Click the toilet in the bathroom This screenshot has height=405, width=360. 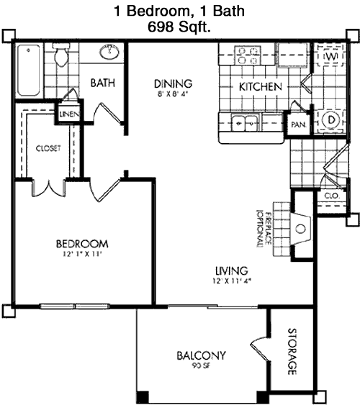coord(61,55)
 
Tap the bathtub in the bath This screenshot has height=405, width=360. coord(29,70)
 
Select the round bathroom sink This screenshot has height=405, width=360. coord(109,52)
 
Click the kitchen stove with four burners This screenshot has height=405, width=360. coord(248,55)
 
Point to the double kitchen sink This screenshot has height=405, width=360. coord(245,123)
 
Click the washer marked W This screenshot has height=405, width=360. coord(331,56)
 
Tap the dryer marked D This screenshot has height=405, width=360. coord(331,119)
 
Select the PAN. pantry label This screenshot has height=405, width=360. coord(299,124)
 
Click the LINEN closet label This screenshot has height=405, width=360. coord(69,114)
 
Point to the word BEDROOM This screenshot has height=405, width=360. coord(82,244)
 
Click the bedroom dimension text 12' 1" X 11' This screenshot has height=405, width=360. coord(82,255)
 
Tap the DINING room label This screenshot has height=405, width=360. coord(173,83)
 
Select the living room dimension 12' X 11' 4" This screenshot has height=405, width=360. coord(232,281)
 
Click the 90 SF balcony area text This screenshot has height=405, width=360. coord(201,365)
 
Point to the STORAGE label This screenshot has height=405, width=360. coord(292,352)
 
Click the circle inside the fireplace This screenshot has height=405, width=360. coord(300,229)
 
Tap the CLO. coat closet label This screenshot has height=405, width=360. coord(331,196)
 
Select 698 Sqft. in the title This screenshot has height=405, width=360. coord(179,27)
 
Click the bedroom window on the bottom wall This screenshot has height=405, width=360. coord(75,306)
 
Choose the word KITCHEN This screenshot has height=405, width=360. coord(260,87)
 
